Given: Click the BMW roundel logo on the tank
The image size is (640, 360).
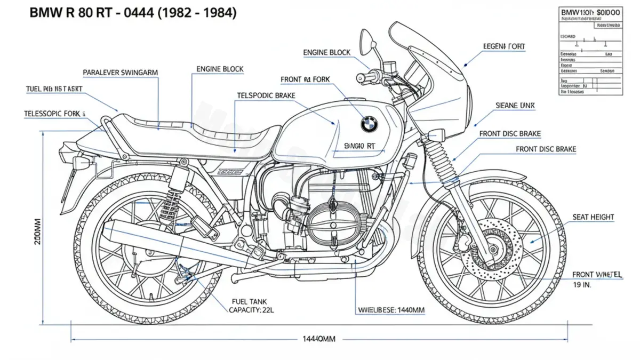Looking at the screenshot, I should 369,124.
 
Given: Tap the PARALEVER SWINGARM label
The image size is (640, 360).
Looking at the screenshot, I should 121,72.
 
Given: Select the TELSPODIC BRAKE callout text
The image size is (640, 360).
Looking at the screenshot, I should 266,95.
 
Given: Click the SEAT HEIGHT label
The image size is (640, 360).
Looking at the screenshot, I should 593,217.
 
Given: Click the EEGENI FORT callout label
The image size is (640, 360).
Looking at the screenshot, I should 504,47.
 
